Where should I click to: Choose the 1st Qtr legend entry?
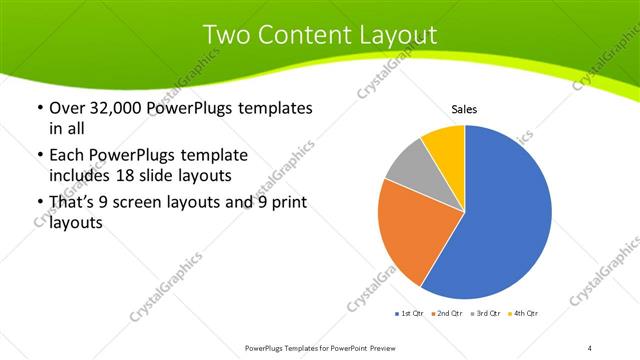(410, 313)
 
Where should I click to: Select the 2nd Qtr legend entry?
(446, 313)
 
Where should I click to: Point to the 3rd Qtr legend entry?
(487, 313)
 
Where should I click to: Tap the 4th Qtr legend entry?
(525, 313)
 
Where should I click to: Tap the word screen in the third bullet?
(156, 203)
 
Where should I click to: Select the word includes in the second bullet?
(79, 175)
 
